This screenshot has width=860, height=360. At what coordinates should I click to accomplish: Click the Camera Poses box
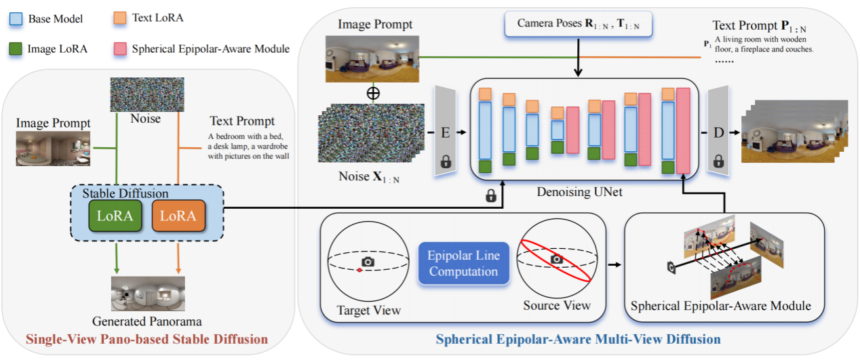(577, 24)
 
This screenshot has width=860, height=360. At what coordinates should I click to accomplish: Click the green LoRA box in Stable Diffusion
(115, 216)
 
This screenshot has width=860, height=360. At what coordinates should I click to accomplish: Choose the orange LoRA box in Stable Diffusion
(178, 216)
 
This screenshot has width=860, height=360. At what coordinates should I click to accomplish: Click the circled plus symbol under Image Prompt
(372, 93)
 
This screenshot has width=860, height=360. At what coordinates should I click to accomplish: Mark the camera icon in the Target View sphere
(368, 262)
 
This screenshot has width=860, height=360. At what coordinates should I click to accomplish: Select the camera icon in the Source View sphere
(556, 259)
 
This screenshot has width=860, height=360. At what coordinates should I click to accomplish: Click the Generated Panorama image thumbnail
(149, 293)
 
